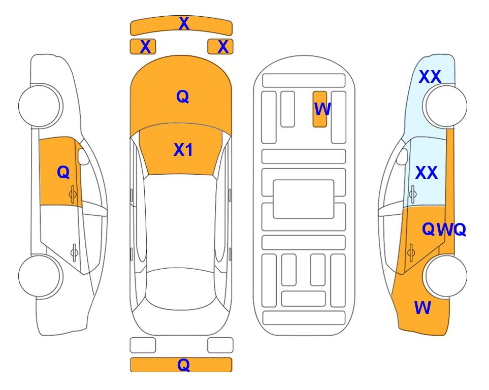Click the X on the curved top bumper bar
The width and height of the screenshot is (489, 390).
(x=184, y=23)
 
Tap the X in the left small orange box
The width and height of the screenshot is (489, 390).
(x=145, y=47)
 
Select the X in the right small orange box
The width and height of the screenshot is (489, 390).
(x=223, y=47)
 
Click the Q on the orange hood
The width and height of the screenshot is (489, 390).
(x=183, y=96)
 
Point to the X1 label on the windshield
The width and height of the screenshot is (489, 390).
(x=183, y=150)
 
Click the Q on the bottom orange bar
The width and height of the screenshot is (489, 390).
(x=184, y=365)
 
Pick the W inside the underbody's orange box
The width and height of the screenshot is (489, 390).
(x=322, y=109)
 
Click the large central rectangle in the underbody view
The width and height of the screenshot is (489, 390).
(x=304, y=199)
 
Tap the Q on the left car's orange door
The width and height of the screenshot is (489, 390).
(x=63, y=172)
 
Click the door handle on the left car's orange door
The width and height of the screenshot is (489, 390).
(x=73, y=194)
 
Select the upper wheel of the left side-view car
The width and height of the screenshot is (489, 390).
(x=40, y=106)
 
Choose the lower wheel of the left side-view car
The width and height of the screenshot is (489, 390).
(x=40, y=276)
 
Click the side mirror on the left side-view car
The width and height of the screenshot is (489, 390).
(x=83, y=156)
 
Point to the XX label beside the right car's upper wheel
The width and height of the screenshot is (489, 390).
(x=430, y=77)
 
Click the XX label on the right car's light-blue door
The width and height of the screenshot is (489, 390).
(x=427, y=173)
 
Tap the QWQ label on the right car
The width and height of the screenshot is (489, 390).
(x=444, y=230)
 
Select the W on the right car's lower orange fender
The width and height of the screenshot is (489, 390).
(x=422, y=308)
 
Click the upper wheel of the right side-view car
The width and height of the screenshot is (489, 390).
(x=445, y=106)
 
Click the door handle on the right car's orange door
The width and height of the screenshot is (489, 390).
(x=411, y=253)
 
